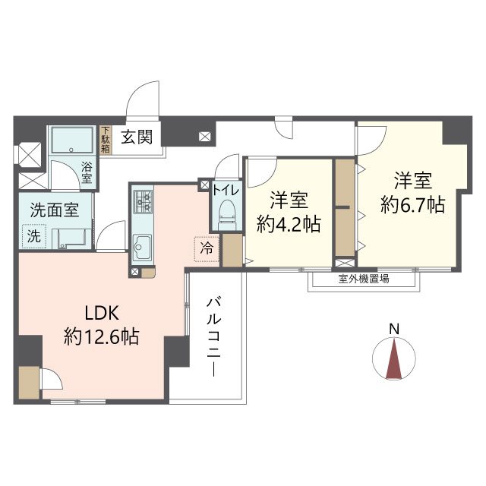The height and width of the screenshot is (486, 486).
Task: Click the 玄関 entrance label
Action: pyautogui.click(x=137, y=137)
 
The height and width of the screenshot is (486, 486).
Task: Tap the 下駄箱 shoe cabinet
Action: pyautogui.click(x=106, y=140)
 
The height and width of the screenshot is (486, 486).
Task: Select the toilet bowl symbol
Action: pyautogui.click(x=227, y=214)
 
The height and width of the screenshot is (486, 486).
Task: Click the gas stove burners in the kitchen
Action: pyautogui.click(x=143, y=202)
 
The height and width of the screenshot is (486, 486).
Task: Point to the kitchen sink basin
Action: pyautogui.click(x=142, y=247)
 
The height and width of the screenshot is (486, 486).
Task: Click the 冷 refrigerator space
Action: pyautogui.click(x=207, y=249)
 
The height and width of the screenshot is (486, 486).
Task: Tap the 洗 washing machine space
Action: pyautogui.click(x=34, y=236)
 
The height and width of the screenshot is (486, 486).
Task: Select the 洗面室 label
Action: pyautogui.click(x=55, y=210)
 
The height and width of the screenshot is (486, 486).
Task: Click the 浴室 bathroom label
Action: pyautogui.click(x=87, y=172)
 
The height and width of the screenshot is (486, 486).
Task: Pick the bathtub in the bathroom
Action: pyautogui.click(x=73, y=140)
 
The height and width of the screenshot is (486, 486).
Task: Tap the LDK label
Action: pyautogui.click(x=102, y=313)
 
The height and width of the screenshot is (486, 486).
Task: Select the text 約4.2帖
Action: pyautogui.click(x=289, y=224)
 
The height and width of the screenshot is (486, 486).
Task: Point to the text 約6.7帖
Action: pyautogui.click(x=413, y=204)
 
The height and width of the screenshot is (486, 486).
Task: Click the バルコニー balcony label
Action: pyautogui.click(x=214, y=336)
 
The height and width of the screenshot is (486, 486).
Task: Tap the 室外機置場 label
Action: pyautogui.click(x=364, y=279)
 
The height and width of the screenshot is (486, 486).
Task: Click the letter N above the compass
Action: pyautogui.click(x=394, y=329)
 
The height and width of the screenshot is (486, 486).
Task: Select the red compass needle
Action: pyautogui.click(x=394, y=359)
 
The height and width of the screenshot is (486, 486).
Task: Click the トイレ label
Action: pyautogui.click(x=226, y=189)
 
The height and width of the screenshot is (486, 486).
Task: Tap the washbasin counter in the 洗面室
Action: pyautogui.click(x=72, y=238)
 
